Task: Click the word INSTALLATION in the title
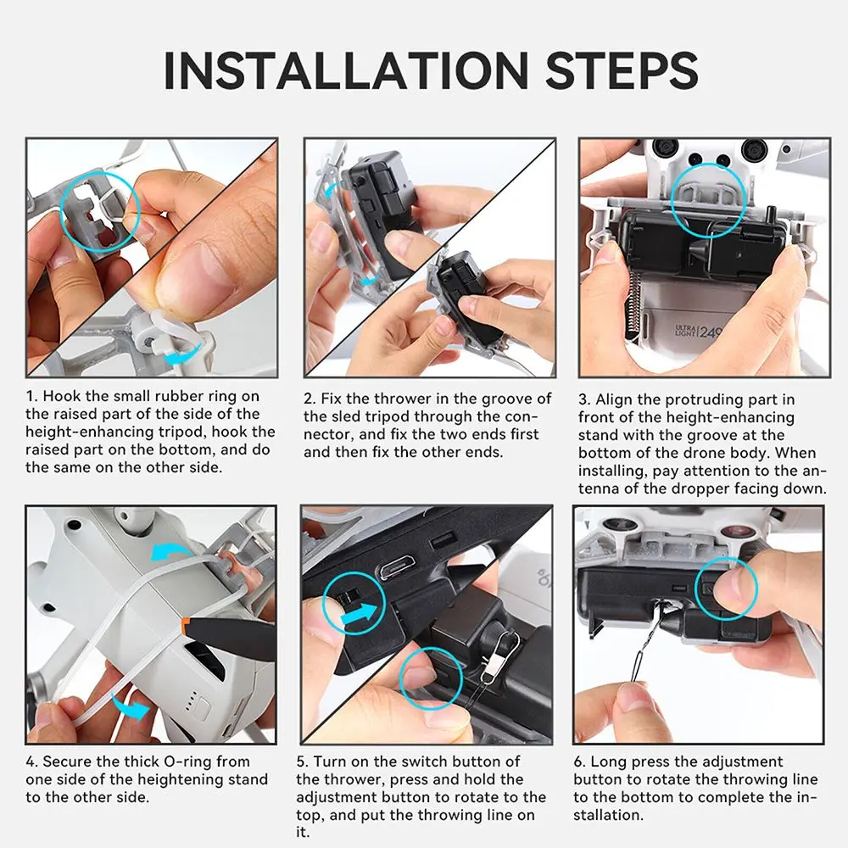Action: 346,70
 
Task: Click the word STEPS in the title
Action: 622,70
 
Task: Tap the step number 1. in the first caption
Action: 32,396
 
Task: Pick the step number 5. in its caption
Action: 303,762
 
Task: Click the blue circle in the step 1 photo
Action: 100,174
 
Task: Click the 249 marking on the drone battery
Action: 710,332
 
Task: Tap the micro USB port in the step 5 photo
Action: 396,569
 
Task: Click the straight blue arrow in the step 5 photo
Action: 359,613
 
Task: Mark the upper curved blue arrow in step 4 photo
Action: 172,552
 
